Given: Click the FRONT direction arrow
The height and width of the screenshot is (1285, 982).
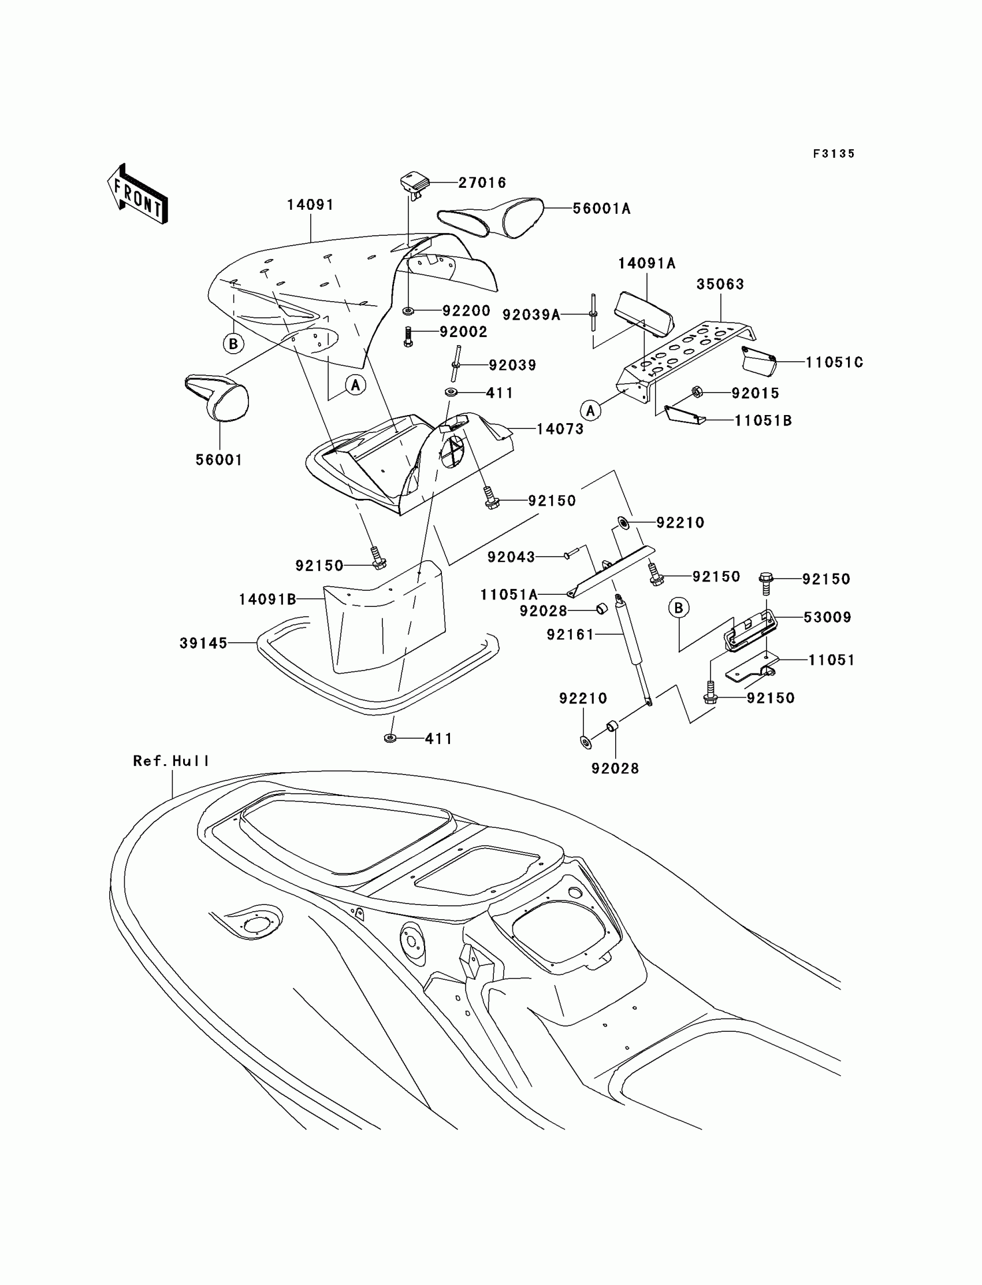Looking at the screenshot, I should point(138,194).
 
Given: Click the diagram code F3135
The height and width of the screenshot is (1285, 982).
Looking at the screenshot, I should point(834,154).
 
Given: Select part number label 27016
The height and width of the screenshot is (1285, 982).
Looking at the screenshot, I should point(482,183).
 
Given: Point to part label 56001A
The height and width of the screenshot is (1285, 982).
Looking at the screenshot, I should point(601,209).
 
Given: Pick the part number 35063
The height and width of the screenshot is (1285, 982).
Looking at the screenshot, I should point(720,284).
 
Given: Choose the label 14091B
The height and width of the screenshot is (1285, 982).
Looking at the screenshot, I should point(267,599).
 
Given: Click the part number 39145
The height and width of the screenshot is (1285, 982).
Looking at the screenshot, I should point(203,643).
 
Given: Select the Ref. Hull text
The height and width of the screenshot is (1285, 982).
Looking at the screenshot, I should point(170,761).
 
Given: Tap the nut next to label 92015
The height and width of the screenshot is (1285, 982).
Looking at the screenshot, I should point(697,391).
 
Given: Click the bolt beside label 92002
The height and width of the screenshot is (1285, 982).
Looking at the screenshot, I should point(408,336).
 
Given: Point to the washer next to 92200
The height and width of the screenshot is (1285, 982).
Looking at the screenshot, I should point(408,309).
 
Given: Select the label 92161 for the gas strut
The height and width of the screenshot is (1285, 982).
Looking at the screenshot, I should point(570,635).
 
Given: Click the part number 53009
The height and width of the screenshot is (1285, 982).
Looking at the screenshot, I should point(827,617).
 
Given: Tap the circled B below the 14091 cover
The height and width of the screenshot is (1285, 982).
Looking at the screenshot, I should point(233,343).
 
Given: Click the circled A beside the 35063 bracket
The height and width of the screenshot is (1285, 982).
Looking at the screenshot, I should point(590,410).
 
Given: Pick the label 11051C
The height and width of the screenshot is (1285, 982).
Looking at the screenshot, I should point(834,362).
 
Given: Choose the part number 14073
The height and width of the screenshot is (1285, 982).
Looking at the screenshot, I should point(560,429).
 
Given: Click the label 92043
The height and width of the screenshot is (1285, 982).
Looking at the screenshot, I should point(511,557).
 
